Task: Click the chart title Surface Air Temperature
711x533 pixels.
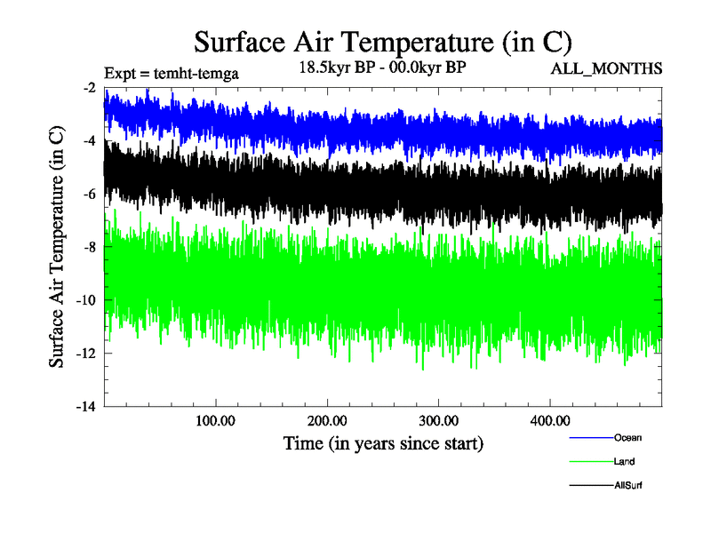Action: pyautogui.click(x=382, y=43)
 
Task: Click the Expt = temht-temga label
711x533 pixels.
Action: pyautogui.click(x=172, y=72)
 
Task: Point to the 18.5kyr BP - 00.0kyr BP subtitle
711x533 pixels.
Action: pyautogui.click(x=382, y=68)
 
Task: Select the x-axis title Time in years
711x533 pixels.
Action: pyautogui.click(x=383, y=442)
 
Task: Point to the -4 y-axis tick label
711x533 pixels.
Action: pyautogui.click(x=89, y=140)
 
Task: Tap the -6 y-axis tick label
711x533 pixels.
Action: pyautogui.click(x=89, y=194)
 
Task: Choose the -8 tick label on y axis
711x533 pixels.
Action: pyautogui.click(x=89, y=247)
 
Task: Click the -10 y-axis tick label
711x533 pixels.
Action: pyautogui.click(x=86, y=300)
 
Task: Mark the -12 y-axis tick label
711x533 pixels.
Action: pyautogui.click(x=86, y=354)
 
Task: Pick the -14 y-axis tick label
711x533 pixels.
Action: pyautogui.click(x=86, y=407)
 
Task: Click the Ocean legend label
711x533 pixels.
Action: pyautogui.click(x=627, y=437)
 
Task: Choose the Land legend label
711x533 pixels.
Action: pyautogui.click(x=624, y=461)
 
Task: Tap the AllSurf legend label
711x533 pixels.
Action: pyautogui.click(x=627, y=485)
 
